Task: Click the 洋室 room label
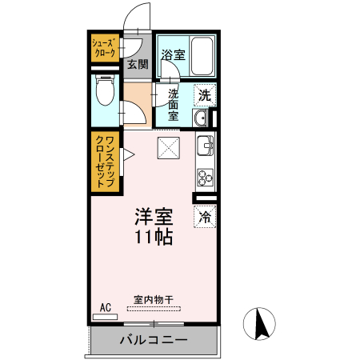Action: pos(154,217)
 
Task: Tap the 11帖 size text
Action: pos(154,237)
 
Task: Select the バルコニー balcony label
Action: pos(154,340)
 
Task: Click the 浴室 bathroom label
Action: pos(173,55)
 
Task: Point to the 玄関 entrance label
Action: pos(137,65)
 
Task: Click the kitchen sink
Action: pos(205,147)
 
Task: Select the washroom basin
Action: pos(201,119)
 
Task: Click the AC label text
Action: pos(105,306)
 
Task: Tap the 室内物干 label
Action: pos(153,300)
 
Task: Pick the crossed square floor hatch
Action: pos(168,147)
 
